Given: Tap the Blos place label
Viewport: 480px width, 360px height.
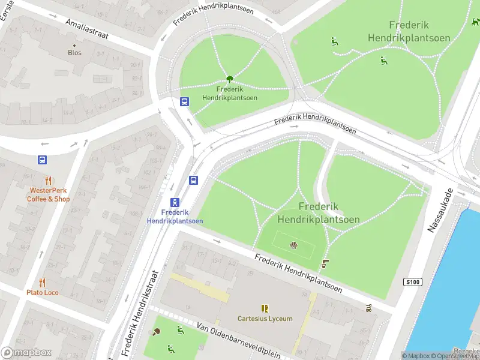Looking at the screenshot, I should (x=74, y=53).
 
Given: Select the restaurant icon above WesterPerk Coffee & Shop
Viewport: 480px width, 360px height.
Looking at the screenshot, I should (x=48, y=181).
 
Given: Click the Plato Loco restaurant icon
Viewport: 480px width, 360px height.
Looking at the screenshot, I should (x=42, y=282).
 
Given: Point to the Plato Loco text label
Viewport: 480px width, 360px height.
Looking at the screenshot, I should (x=42, y=293).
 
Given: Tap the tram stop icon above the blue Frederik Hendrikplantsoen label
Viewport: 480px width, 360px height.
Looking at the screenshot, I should (x=175, y=202).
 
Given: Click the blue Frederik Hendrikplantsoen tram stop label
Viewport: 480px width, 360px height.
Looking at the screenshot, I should (x=175, y=217).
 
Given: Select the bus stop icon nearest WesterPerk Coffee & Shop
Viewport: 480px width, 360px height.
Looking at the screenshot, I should (x=42, y=160).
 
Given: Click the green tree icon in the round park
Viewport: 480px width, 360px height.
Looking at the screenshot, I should (x=229, y=79).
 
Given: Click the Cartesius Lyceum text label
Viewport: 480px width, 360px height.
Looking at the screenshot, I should (x=265, y=319).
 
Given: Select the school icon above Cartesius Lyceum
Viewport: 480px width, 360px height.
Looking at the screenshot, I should (x=265, y=308).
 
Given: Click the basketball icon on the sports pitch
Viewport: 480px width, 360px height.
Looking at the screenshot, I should (x=293, y=244).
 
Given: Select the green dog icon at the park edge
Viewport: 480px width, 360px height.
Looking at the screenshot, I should (x=475, y=22).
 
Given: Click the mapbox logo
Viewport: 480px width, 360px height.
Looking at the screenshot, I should (x=26, y=352).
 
